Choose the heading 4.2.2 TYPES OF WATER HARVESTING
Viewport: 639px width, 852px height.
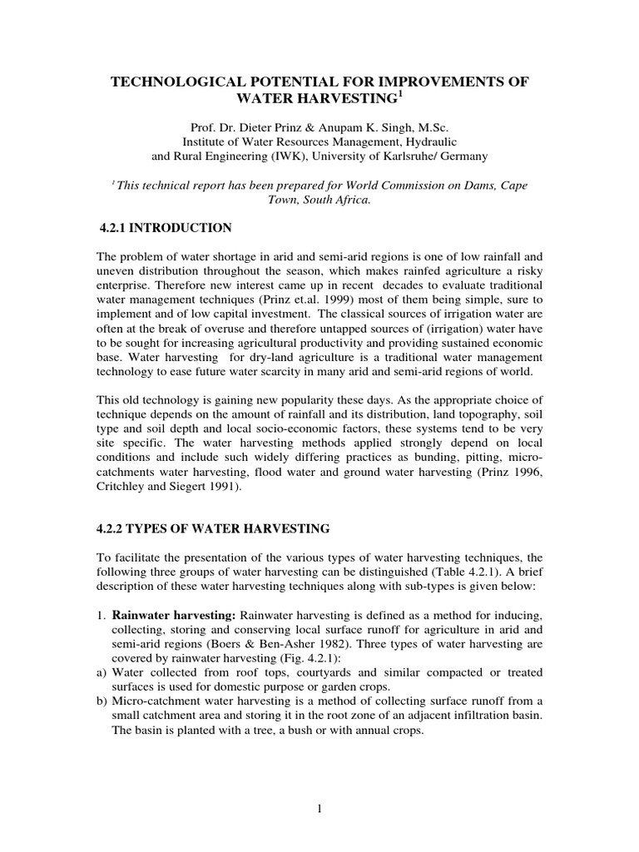click(215, 528)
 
